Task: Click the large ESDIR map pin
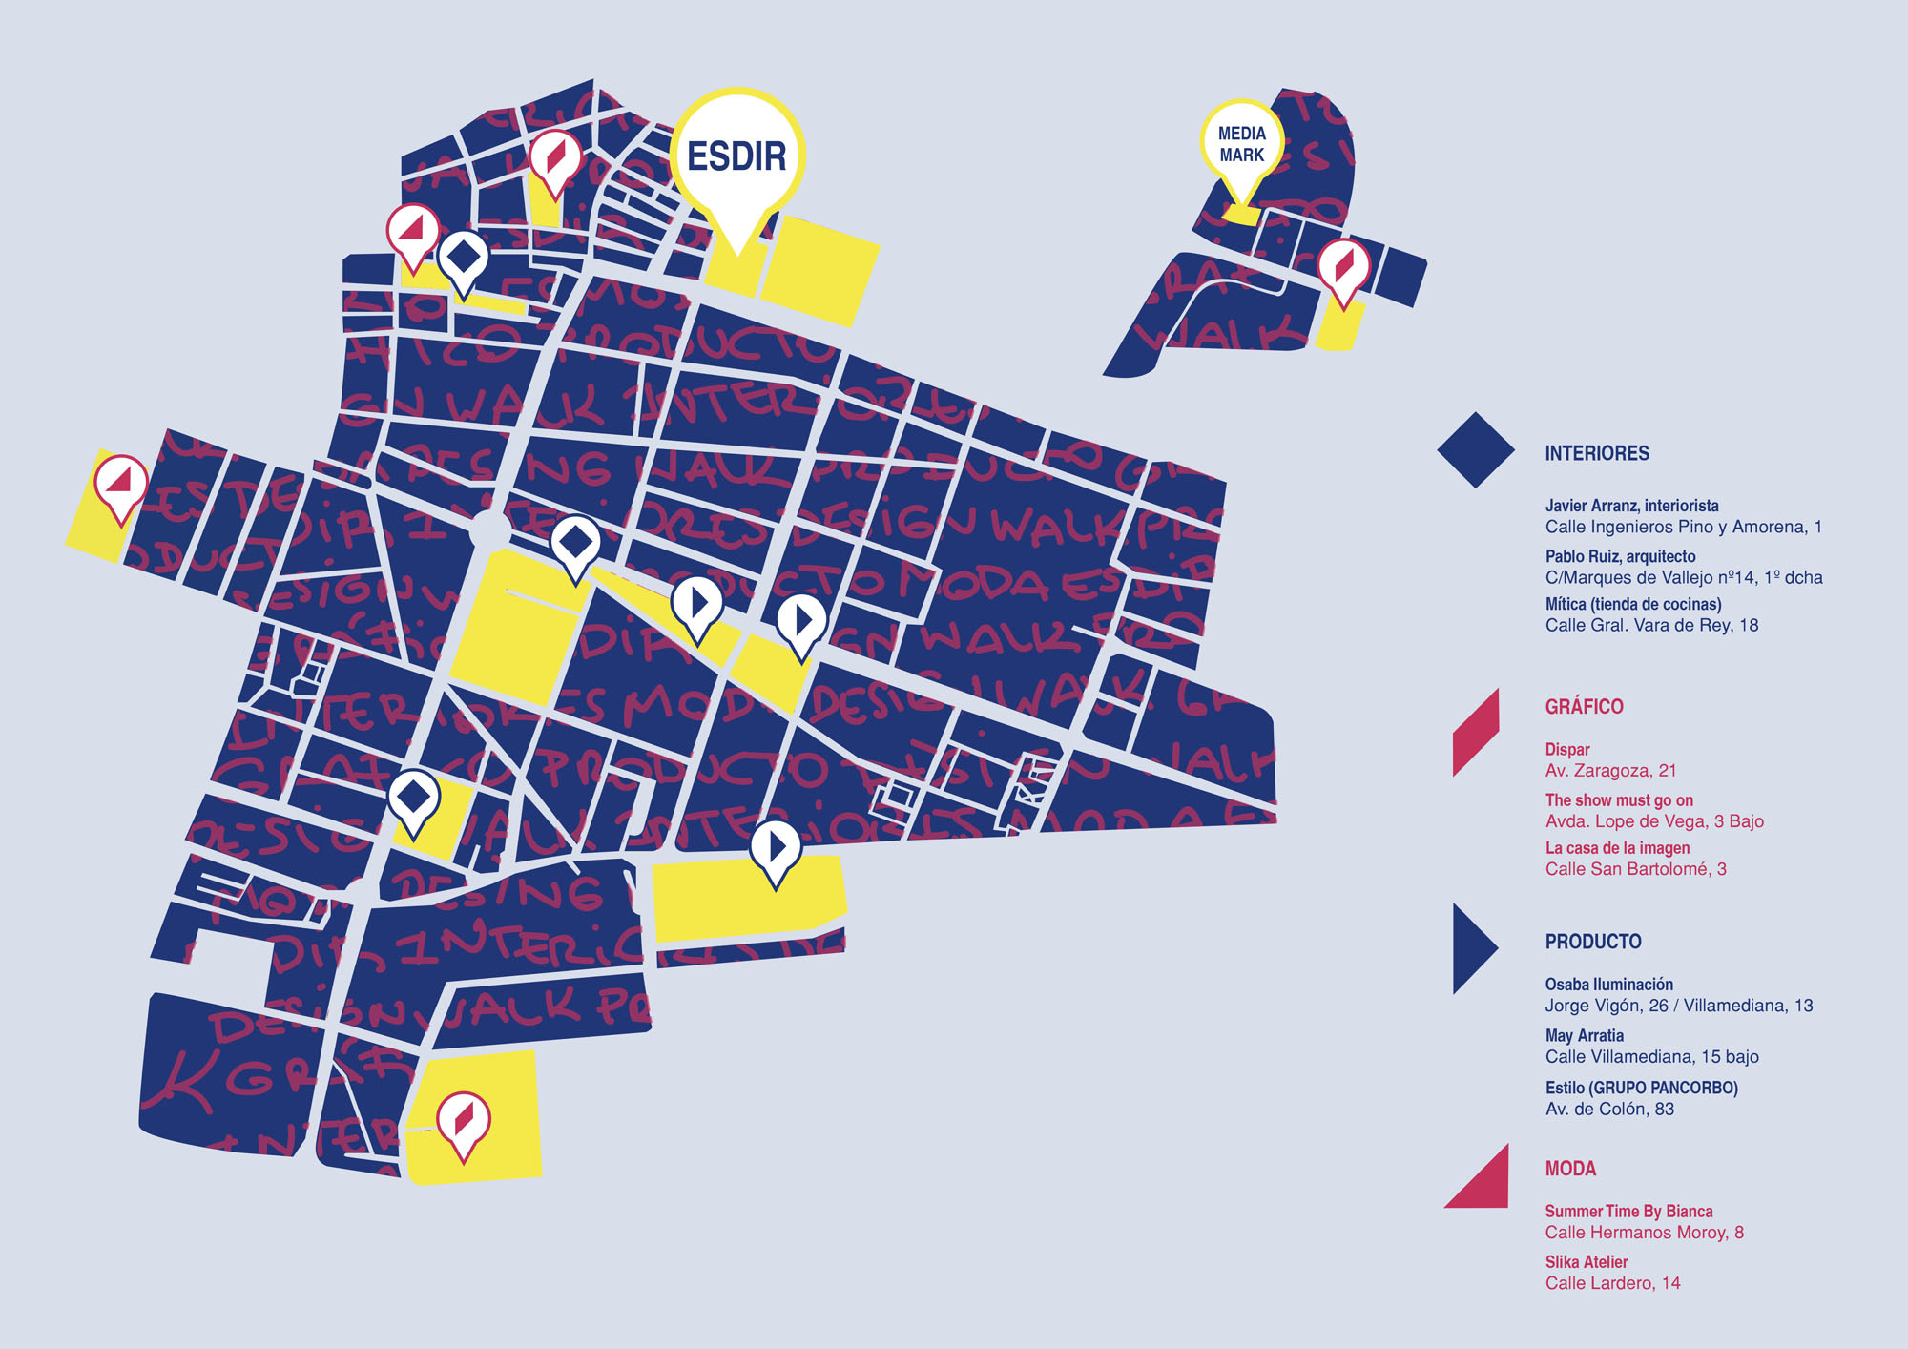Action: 736,157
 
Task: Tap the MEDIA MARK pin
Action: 1241,144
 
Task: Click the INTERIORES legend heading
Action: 1596,453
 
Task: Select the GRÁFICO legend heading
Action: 1584,707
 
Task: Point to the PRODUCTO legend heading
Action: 1592,942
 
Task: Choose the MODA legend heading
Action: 1570,1169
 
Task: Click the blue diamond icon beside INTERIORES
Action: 1475,450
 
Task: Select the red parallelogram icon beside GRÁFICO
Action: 1475,733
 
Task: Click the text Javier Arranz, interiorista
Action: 1631,506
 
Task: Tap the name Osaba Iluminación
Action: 1608,985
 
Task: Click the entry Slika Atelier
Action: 1586,1262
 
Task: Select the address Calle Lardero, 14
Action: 1612,1283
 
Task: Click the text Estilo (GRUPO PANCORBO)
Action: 1641,1088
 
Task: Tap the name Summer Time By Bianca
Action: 1628,1212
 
